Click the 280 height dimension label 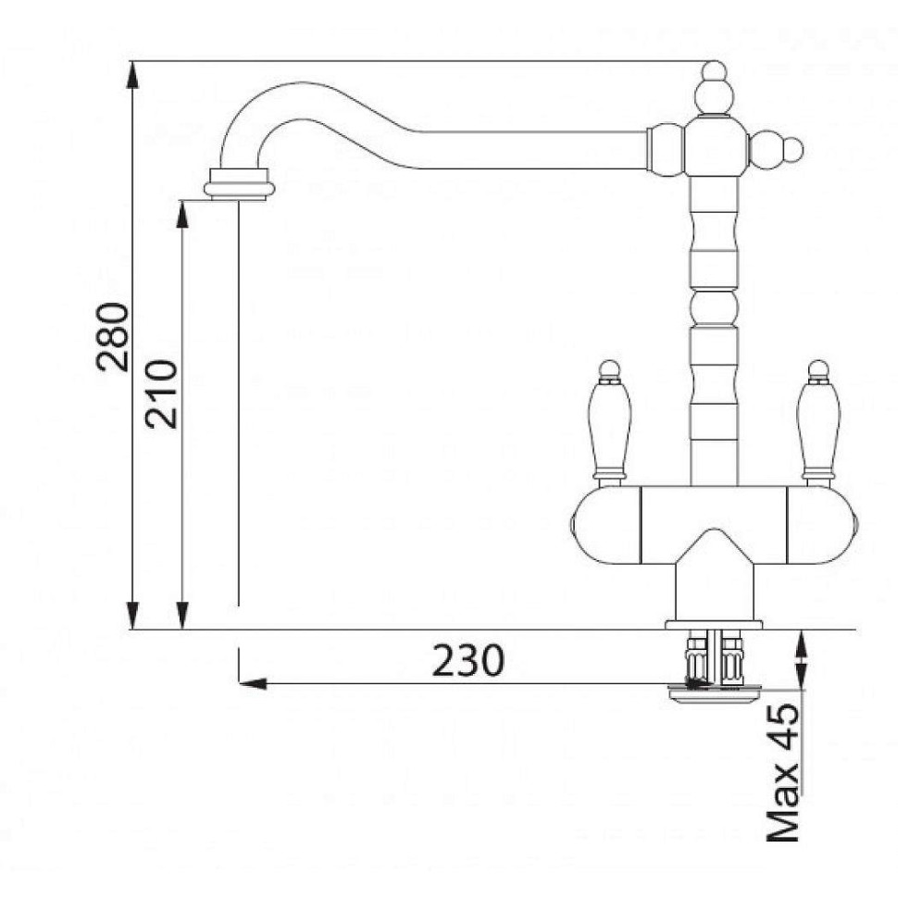pos(112,337)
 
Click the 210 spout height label pos(161,394)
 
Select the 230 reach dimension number pos(468,660)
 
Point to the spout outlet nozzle pos(239,184)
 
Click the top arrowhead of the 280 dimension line pos(132,74)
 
